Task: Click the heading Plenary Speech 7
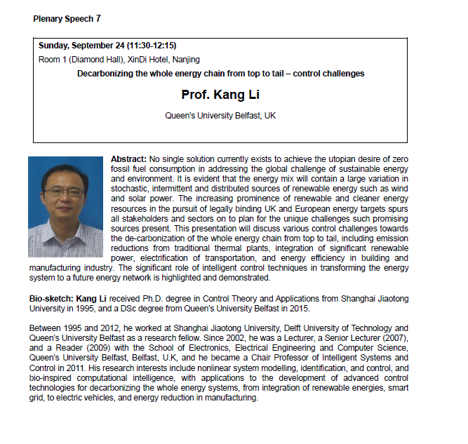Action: (x=67, y=18)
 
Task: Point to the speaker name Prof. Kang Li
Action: (x=220, y=95)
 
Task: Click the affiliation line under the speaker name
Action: (x=220, y=115)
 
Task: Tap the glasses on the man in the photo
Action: (x=64, y=191)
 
